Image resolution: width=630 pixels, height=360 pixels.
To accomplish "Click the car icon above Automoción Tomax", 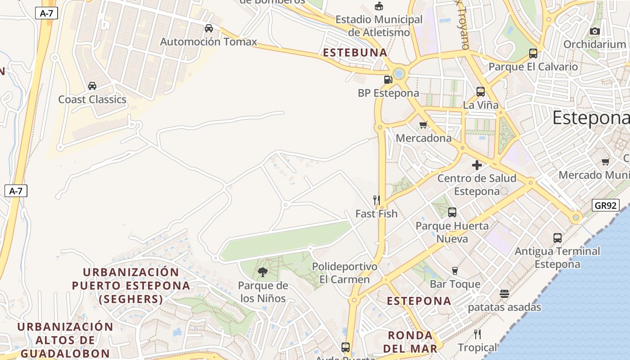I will pyautogui.click(x=209, y=28).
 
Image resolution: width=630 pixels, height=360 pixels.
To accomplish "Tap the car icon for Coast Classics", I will pyautogui.click(x=92, y=86).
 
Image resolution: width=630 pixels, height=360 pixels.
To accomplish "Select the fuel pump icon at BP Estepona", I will pyautogui.click(x=388, y=80).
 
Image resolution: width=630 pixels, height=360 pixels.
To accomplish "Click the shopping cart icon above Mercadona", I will pyautogui.click(x=423, y=125).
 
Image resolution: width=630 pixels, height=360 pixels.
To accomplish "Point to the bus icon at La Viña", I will pyautogui.click(x=481, y=92).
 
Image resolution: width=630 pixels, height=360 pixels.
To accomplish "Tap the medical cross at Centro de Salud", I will pyautogui.click(x=477, y=165).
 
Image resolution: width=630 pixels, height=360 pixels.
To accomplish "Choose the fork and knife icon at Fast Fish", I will pyautogui.click(x=377, y=200).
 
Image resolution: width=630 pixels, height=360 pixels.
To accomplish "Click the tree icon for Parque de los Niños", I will pyautogui.click(x=263, y=272).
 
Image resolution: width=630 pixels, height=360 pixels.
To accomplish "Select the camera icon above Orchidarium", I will pyautogui.click(x=595, y=31).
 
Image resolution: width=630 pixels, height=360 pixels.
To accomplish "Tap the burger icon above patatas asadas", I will pyautogui.click(x=504, y=294).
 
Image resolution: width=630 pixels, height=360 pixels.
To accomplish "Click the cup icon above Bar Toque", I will pyautogui.click(x=455, y=270).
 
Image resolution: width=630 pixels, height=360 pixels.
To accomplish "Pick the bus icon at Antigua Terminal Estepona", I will pyautogui.click(x=558, y=238).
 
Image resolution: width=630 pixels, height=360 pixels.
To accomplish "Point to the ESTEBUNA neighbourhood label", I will pyautogui.click(x=355, y=53).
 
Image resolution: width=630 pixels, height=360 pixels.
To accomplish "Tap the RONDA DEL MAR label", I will pyautogui.click(x=410, y=342).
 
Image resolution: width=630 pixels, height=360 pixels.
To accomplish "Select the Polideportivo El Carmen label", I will pyautogui.click(x=345, y=273).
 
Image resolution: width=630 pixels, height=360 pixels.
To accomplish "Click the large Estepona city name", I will pyautogui.click(x=590, y=118).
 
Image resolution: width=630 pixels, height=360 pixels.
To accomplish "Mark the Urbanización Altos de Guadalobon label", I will pyautogui.click(x=65, y=340).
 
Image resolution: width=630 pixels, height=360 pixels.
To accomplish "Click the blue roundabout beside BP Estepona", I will pyautogui.click(x=399, y=73).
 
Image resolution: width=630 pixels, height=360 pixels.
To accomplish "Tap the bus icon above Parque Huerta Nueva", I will pyautogui.click(x=452, y=212).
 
